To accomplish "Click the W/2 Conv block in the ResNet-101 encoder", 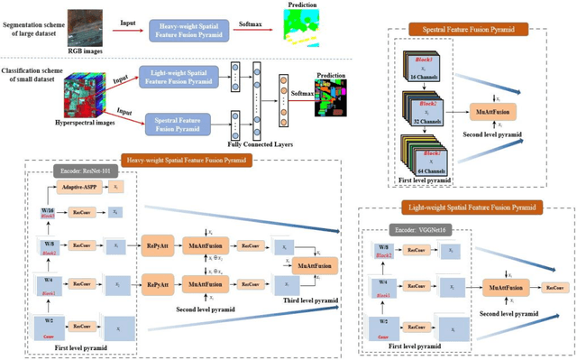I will click(x=44, y=326).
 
